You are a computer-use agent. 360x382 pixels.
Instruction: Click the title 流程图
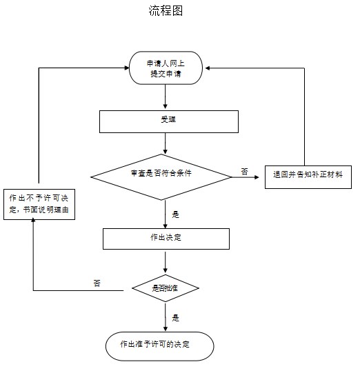pos(166,11)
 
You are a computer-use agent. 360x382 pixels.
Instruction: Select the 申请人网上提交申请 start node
pos(166,68)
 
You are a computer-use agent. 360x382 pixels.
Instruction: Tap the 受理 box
pos(169,121)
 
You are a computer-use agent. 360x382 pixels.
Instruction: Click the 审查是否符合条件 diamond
pos(161,177)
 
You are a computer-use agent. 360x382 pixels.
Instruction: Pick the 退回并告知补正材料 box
pos(308,177)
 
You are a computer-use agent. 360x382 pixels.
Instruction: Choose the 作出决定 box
pos(166,239)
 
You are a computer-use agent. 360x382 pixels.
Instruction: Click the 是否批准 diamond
pos(166,288)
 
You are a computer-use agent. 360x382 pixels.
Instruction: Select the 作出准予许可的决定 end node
pos(159,346)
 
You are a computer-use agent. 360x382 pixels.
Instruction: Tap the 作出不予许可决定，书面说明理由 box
pos(39,204)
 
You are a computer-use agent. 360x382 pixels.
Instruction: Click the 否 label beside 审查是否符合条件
pos(244,171)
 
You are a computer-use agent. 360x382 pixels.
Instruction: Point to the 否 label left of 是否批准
pos(97,283)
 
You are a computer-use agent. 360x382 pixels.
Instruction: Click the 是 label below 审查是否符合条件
pos(175,214)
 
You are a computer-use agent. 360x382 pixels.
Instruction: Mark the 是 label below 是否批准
pos(175,318)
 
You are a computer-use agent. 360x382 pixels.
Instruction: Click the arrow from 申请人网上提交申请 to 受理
pos(166,97)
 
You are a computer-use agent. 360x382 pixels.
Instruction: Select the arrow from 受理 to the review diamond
pos(166,143)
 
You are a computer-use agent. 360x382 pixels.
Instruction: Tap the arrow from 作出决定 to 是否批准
pos(166,262)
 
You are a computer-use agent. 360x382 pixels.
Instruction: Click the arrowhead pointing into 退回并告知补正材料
pos(257,177)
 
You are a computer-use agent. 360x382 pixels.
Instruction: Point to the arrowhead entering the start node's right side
pos(208,68)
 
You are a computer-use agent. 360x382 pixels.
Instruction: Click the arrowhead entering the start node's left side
pos(127,68)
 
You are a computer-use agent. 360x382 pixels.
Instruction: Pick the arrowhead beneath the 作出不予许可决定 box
pos(33,220)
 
